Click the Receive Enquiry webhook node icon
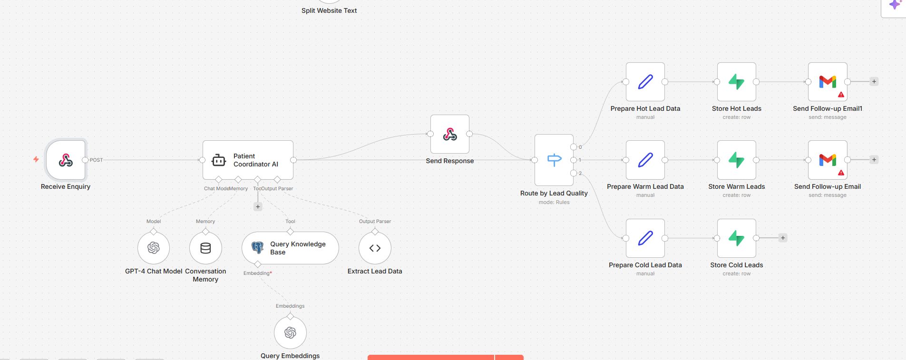(x=66, y=160)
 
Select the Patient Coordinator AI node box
(x=248, y=160)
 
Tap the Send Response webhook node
(x=449, y=134)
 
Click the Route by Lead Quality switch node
(x=554, y=160)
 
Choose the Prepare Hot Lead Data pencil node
(x=645, y=82)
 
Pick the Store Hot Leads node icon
(x=736, y=82)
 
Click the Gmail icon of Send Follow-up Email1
(x=828, y=82)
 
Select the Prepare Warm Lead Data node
(x=645, y=160)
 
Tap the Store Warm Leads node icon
(x=736, y=160)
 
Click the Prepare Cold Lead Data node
(x=645, y=238)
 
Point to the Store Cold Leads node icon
(x=736, y=238)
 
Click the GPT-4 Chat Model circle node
(x=154, y=248)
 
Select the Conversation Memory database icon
(x=205, y=248)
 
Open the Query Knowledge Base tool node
(x=290, y=248)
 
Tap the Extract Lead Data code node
(x=375, y=248)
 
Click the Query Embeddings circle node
(x=290, y=332)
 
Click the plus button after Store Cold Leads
(x=783, y=238)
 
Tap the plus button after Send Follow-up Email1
(x=874, y=82)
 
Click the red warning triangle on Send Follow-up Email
(x=841, y=173)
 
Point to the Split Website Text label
(x=329, y=10)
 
